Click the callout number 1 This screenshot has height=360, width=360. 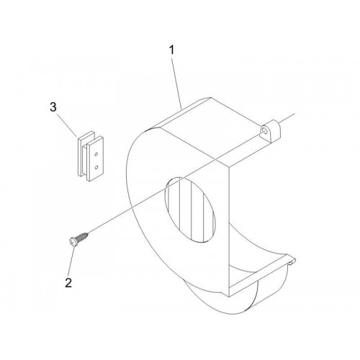click(171, 50)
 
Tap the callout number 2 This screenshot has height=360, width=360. click(68, 283)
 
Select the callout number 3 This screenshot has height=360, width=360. click(53, 107)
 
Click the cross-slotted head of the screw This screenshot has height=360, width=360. click(72, 241)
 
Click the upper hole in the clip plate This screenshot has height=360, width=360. click(96, 153)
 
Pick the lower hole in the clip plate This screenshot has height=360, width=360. click(96, 167)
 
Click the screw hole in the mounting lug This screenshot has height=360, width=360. click(264, 130)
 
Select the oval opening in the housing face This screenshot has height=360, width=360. click(189, 210)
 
